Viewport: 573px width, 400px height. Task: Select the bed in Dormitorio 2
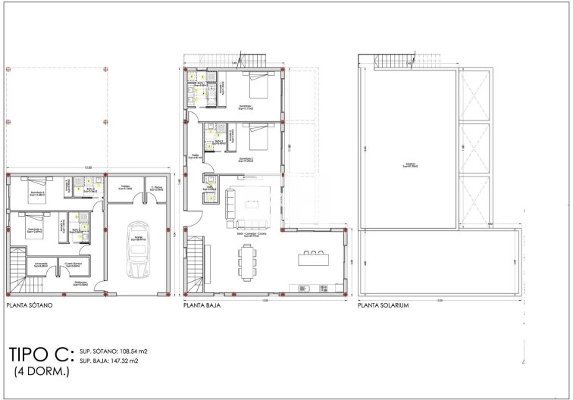256,141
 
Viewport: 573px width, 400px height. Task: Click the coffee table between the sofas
251,204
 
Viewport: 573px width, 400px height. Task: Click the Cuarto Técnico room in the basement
74,265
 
